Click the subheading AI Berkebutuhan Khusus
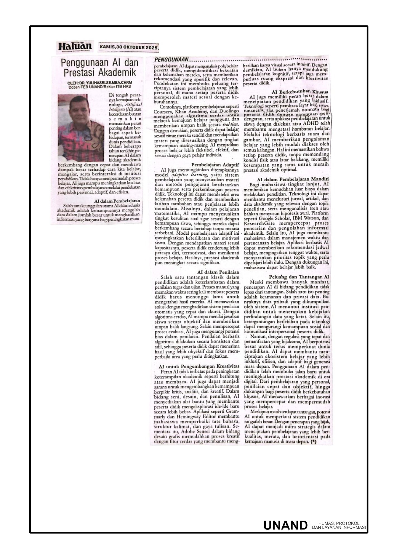(x=300, y=92)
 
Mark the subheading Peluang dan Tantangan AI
(x=299, y=277)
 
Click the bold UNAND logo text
(x=285, y=525)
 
